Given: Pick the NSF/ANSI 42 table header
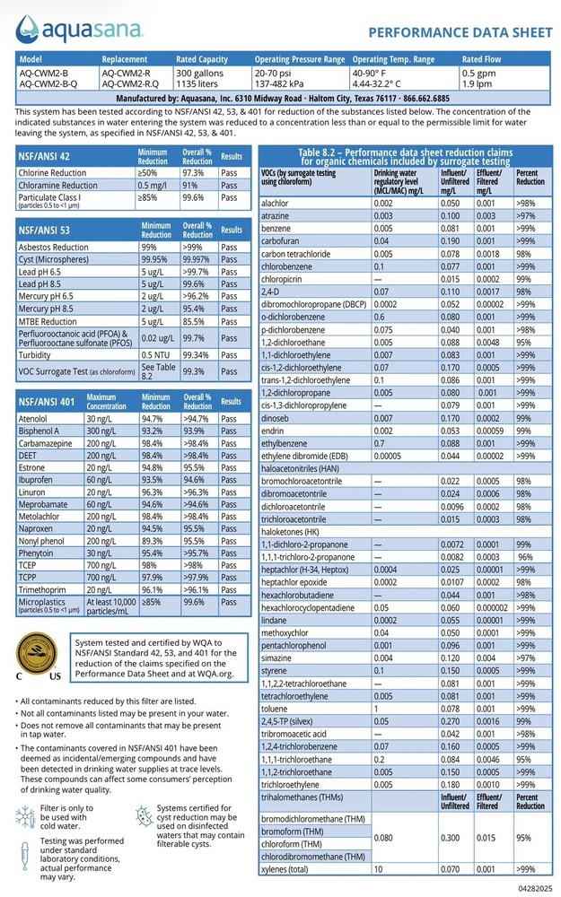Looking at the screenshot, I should click(x=45, y=154).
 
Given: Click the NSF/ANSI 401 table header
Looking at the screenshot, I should click(x=47, y=401).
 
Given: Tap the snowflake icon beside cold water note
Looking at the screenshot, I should click(x=25, y=815).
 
